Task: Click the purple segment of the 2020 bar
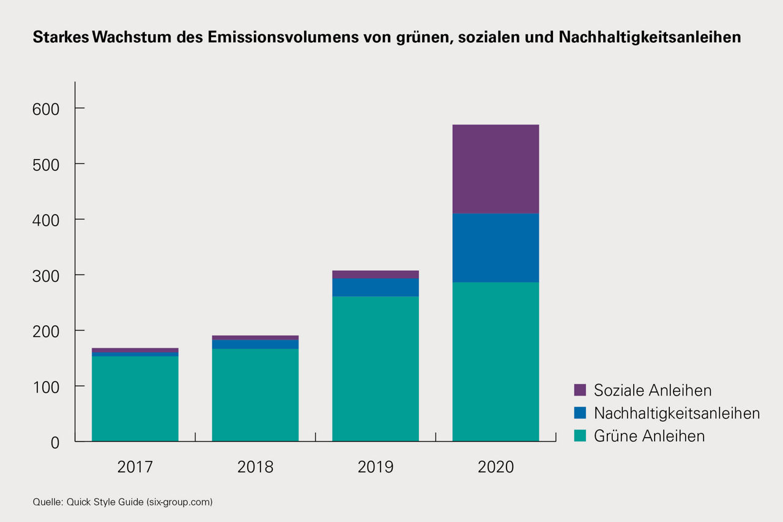(495, 169)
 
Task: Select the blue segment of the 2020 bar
(495, 248)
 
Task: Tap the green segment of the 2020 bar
(495, 361)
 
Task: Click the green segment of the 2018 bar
(255, 395)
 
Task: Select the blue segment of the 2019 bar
(376, 287)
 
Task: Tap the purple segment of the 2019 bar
(376, 274)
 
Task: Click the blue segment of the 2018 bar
(255, 344)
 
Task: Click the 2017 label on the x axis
(135, 468)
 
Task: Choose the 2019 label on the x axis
(376, 468)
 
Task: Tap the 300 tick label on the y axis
(45, 276)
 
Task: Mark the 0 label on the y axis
(54, 443)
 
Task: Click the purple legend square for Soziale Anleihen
(580, 390)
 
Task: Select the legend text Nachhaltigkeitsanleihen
(677, 413)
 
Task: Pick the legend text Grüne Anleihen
(649, 436)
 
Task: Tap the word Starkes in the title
(61, 38)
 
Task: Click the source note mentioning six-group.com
(122, 502)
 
